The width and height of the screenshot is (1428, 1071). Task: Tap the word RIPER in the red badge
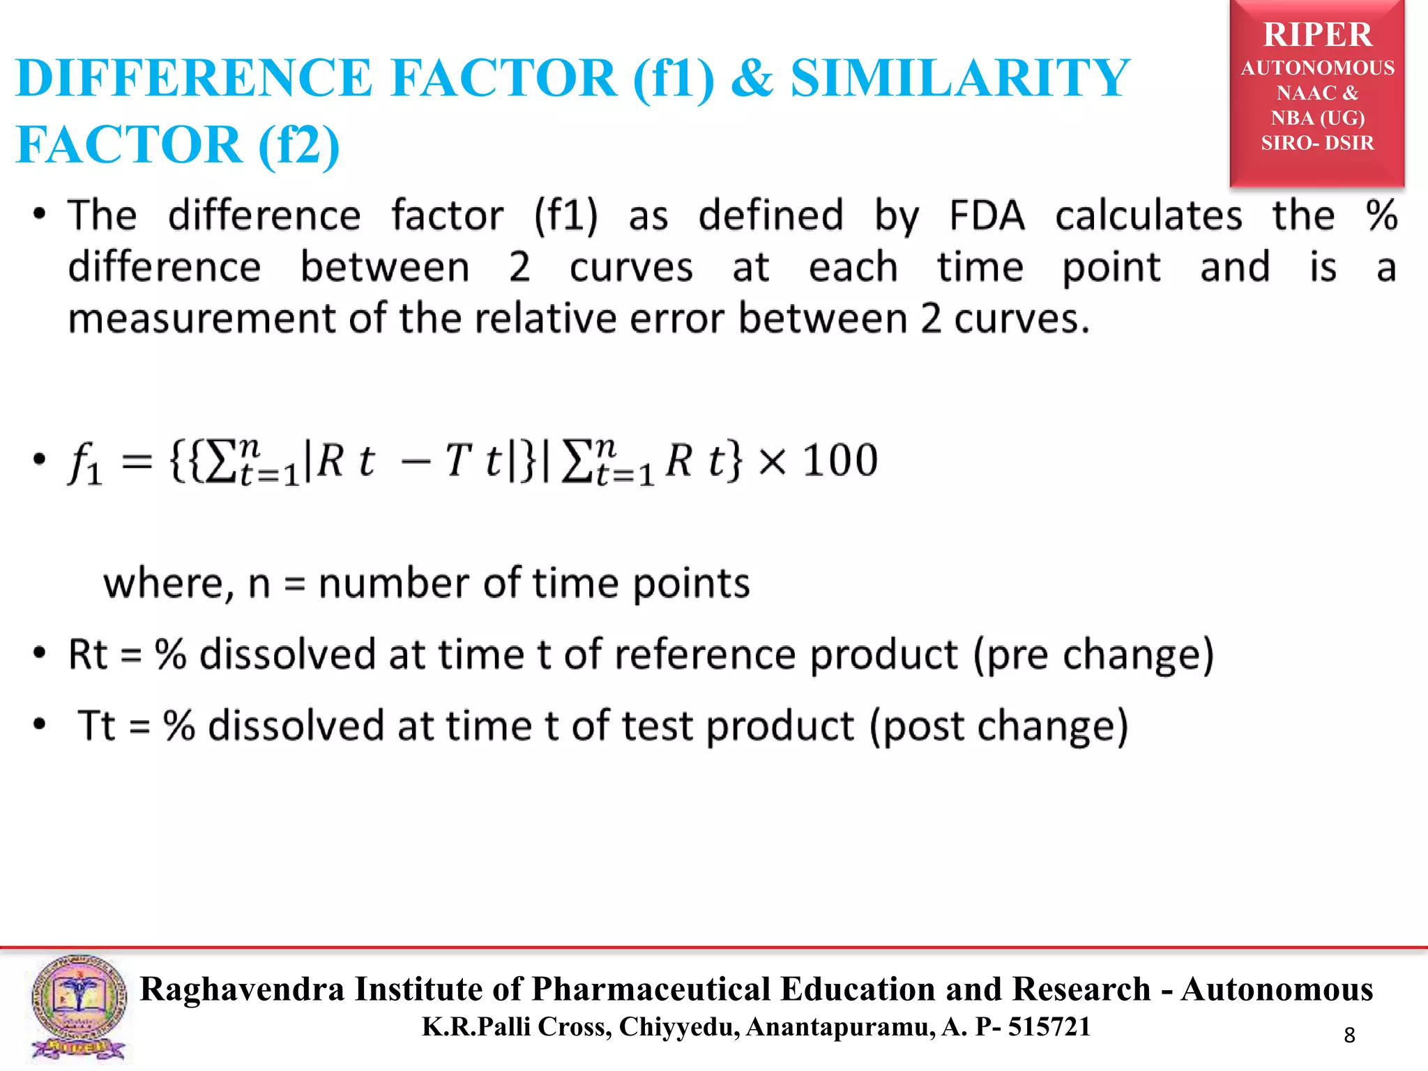coord(1317,35)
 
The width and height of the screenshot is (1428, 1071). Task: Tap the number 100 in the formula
coord(840,460)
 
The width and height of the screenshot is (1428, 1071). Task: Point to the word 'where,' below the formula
coord(168,583)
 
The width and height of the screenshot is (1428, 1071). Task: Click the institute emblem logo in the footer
coord(78,1008)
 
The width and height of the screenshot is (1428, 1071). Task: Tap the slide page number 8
coord(1349,1035)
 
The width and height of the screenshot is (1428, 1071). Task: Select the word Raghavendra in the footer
coord(242,989)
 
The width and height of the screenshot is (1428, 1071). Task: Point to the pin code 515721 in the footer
coord(1049,1026)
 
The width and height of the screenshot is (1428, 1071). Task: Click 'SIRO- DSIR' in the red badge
coord(1317,143)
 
